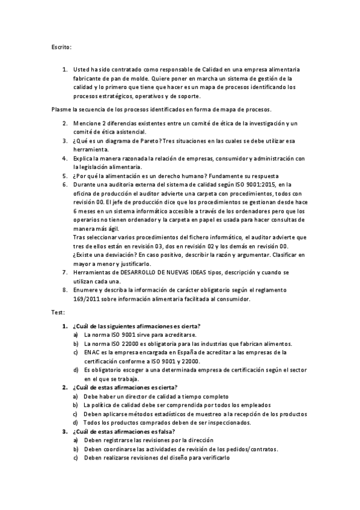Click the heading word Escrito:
coord(61,46)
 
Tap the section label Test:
coord(59,313)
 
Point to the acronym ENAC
coord(94,352)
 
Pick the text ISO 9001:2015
coord(251,185)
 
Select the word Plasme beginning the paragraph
coord(61,109)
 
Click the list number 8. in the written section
coord(65,290)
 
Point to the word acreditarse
coord(177,334)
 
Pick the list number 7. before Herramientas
coord(65,272)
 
